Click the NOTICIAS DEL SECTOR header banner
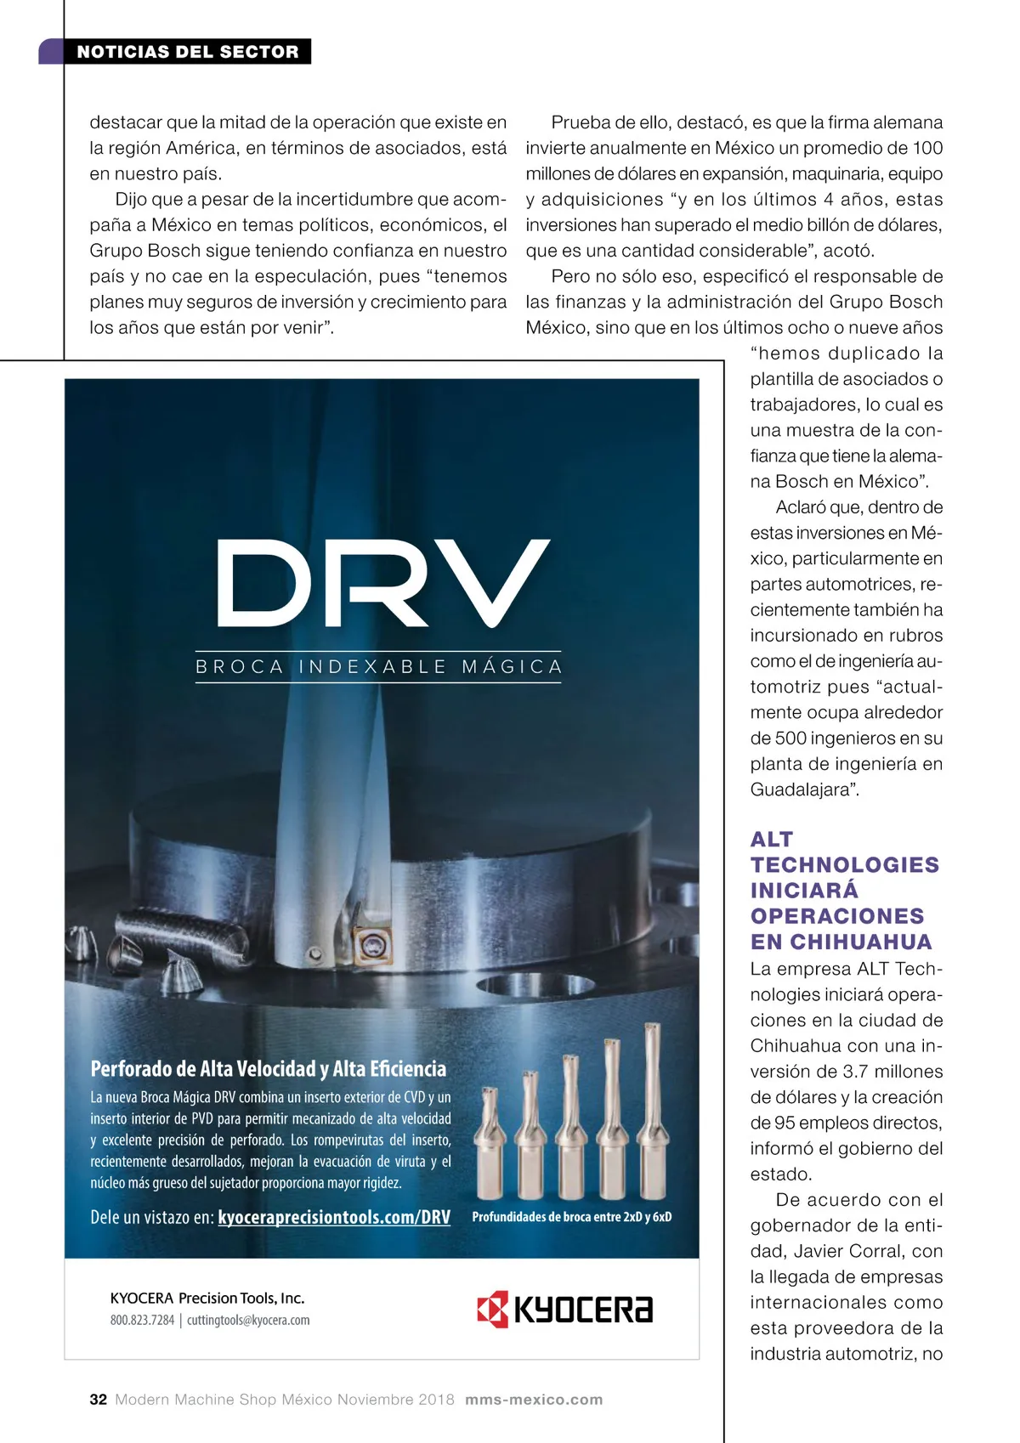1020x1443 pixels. pos(187,52)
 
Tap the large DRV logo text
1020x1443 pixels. pos(383,584)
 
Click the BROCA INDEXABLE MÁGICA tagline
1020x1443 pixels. pos(379,666)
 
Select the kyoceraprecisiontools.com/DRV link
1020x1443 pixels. pos(334,1217)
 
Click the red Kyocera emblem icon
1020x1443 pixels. pos(492,1309)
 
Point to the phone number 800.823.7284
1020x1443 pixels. pos(142,1320)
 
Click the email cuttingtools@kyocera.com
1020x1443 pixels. pos(248,1320)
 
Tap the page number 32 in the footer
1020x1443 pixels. pos(98,1400)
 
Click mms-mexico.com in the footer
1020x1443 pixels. pos(534,1400)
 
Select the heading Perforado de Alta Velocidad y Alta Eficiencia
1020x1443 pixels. pos(268,1068)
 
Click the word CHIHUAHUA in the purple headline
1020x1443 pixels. pos(861,942)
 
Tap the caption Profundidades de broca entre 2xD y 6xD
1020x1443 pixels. pos(571,1217)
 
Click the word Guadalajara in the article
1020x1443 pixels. pos(799,789)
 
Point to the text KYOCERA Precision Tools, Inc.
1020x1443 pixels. pos(207,1298)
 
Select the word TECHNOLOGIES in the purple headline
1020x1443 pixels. pos(844,864)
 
